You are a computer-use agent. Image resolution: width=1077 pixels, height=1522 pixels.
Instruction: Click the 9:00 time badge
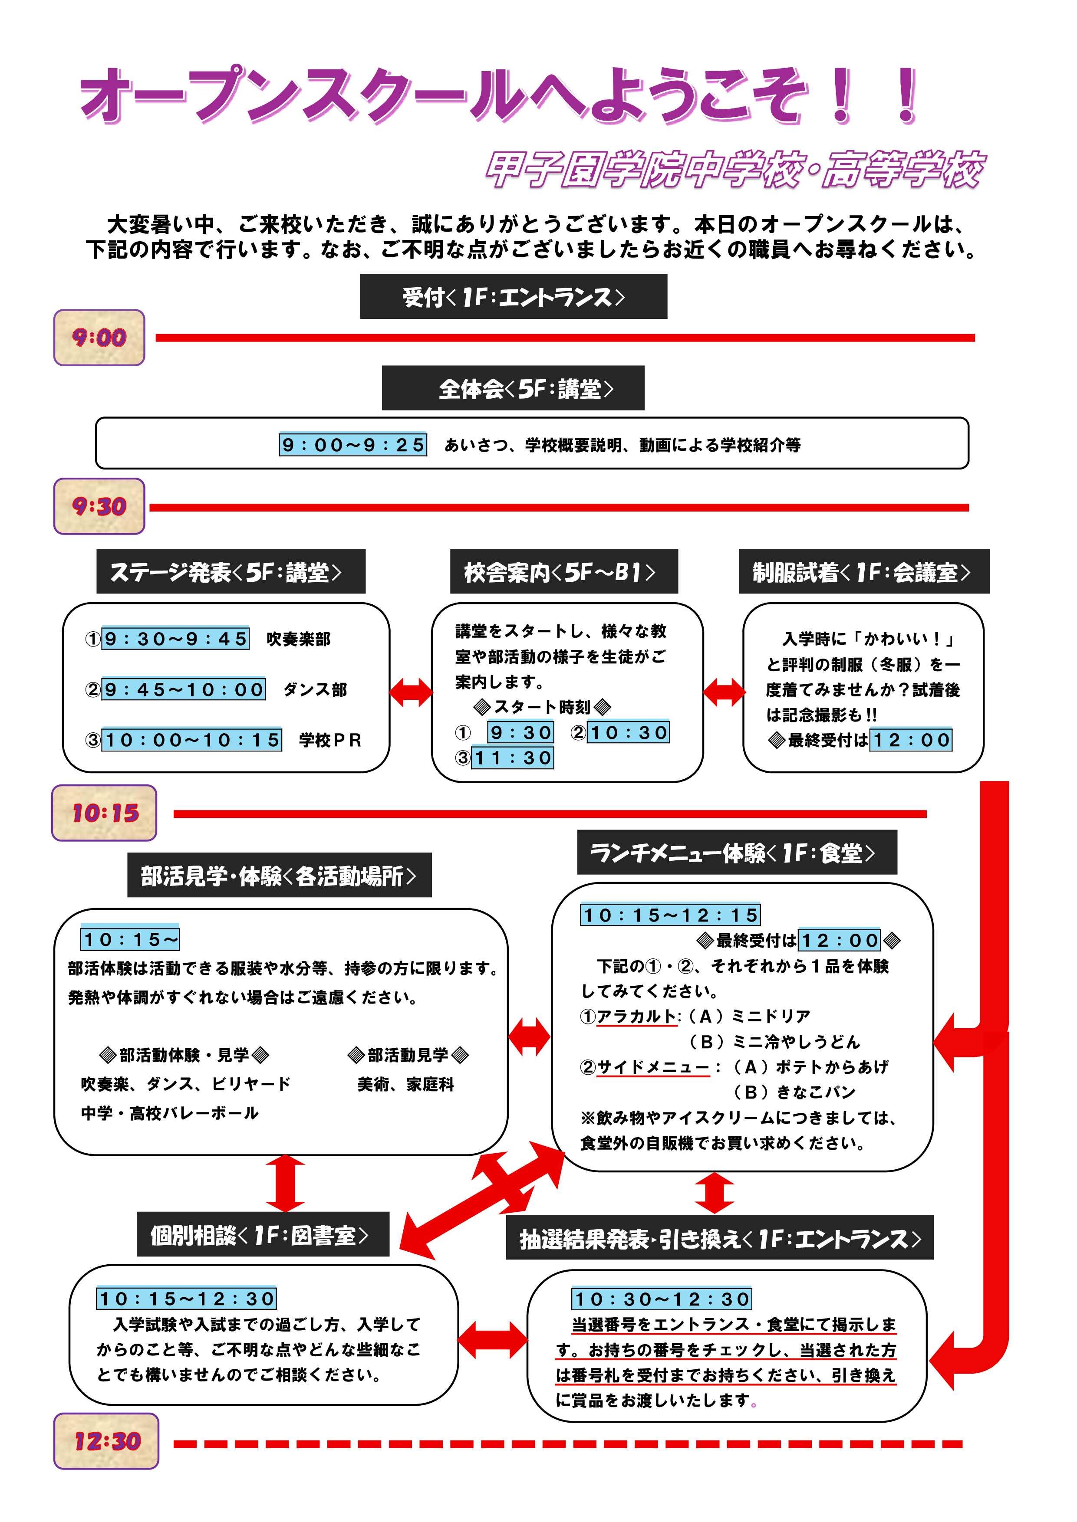point(99,338)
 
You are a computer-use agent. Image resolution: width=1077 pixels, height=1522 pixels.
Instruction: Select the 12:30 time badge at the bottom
point(106,1440)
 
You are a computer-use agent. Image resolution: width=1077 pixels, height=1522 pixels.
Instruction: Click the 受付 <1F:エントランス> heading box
point(513,297)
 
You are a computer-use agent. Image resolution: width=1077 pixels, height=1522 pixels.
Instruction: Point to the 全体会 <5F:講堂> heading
point(513,388)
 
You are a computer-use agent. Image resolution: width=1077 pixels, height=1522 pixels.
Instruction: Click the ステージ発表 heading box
point(231,571)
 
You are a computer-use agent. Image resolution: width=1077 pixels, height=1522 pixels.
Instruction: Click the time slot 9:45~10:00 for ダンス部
point(184,689)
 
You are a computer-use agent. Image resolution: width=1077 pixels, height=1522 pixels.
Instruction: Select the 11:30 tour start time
point(512,758)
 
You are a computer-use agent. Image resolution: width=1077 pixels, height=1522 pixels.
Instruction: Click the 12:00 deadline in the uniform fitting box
point(911,740)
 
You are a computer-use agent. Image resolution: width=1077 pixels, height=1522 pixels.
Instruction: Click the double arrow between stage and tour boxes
point(411,693)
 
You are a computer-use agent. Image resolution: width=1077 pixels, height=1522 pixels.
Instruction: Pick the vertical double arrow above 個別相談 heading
point(285,1183)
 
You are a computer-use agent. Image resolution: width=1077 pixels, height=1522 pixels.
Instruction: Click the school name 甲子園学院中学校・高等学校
point(735,170)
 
